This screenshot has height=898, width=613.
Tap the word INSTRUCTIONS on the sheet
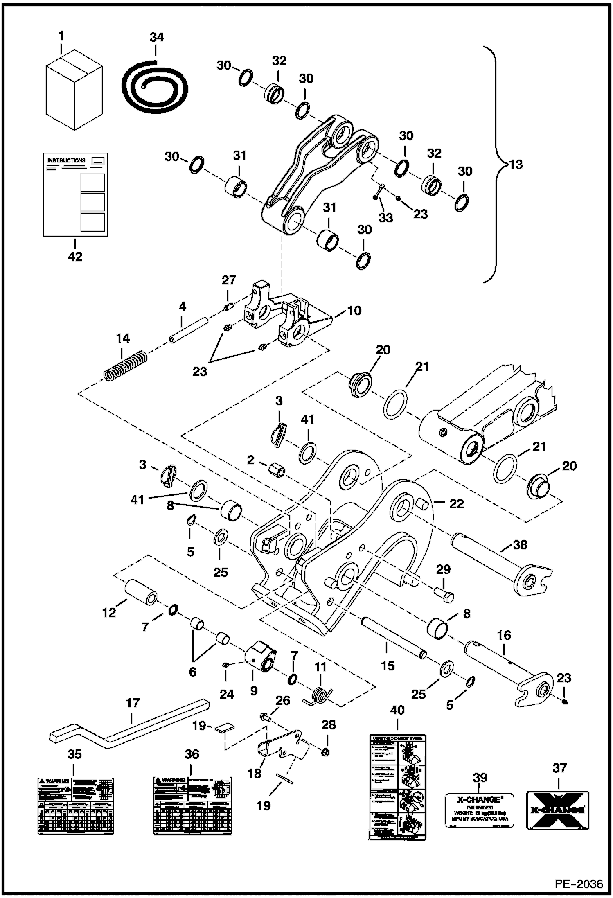pyautogui.click(x=66, y=161)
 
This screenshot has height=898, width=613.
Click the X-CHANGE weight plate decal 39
pyautogui.click(x=479, y=811)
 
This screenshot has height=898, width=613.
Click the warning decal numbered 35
pyautogui.click(x=75, y=806)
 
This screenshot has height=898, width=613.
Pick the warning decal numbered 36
pyautogui.click(x=192, y=806)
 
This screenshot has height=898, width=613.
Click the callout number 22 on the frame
pyautogui.click(x=457, y=504)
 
